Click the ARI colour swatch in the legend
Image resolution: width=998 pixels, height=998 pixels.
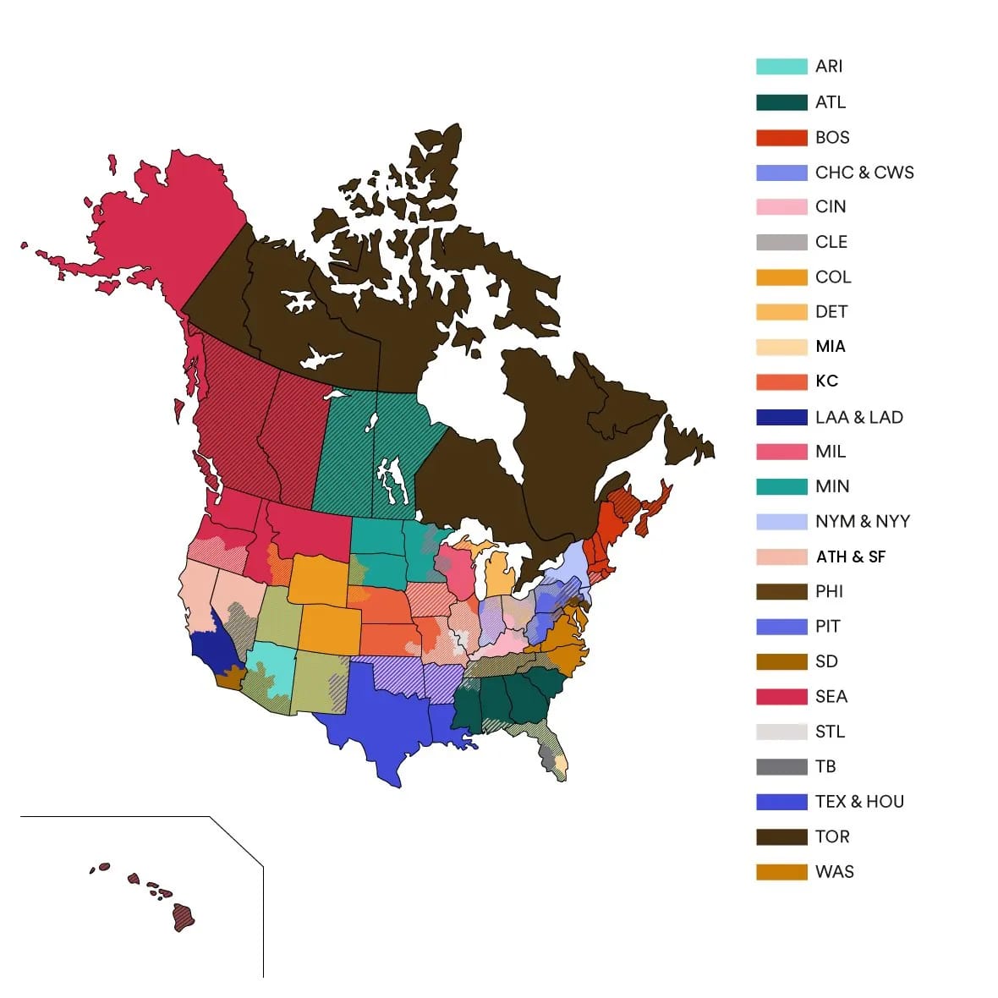[x=781, y=66]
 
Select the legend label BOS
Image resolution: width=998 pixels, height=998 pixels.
[x=832, y=137]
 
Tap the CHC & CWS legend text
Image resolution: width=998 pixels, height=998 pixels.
[x=864, y=173]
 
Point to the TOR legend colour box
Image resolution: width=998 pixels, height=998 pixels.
[x=781, y=836]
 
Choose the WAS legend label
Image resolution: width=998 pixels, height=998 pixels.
[x=834, y=872]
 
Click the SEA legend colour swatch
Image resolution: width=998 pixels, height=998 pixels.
[x=781, y=696]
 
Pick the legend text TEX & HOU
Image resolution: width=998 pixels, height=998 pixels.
[x=859, y=802]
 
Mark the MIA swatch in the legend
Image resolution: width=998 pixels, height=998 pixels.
[x=781, y=347]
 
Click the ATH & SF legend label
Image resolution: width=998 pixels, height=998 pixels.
[x=851, y=557]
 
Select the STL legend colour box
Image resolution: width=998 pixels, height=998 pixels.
[x=781, y=732]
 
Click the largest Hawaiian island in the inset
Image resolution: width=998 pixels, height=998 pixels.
[x=184, y=917]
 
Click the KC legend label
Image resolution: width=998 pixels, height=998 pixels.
[x=827, y=381]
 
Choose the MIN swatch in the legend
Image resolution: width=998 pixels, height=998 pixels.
[x=781, y=486]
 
